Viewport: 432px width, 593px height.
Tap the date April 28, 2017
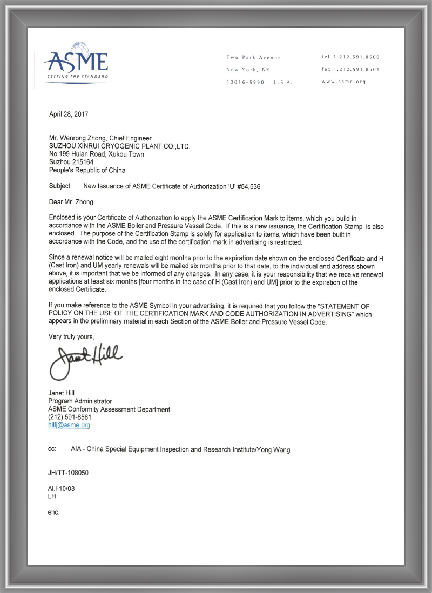tap(69, 114)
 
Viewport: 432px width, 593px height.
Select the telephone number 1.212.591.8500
tap(355, 57)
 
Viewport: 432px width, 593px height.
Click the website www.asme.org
tap(343, 82)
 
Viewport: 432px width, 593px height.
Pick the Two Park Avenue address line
tap(254, 57)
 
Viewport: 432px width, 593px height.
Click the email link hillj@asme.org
tap(69, 425)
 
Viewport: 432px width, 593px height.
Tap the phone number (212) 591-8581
tap(70, 417)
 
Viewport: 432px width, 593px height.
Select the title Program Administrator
tap(80, 401)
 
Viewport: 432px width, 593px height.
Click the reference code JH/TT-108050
tap(68, 473)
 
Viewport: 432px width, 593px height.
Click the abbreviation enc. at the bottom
tap(53, 511)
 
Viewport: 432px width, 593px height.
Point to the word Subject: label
tap(60, 186)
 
